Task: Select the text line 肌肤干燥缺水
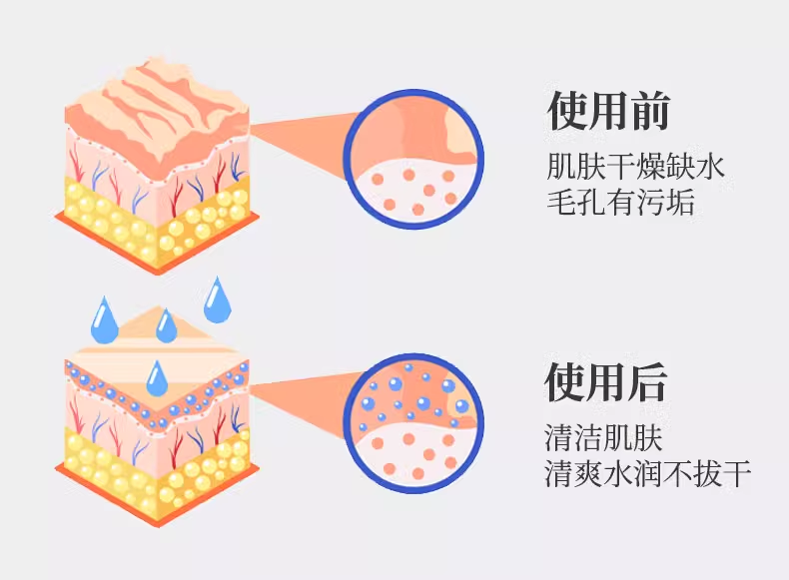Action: [x=635, y=165]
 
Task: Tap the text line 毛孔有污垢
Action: [x=619, y=202]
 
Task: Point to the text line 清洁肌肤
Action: [x=604, y=437]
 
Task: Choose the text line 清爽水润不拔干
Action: [x=647, y=472]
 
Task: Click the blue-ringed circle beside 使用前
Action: [x=413, y=158]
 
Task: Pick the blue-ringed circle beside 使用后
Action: [x=413, y=426]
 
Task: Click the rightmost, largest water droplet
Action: [x=217, y=299]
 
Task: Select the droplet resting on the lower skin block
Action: [x=157, y=378]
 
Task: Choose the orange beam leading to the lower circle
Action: [x=300, y=399]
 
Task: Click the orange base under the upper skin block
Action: [x=159, y=254]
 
